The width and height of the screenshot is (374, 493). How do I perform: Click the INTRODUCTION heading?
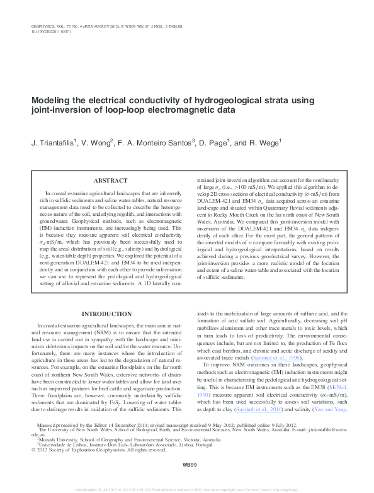click(107, 314)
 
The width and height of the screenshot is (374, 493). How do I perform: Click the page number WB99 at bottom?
click(190, 464)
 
